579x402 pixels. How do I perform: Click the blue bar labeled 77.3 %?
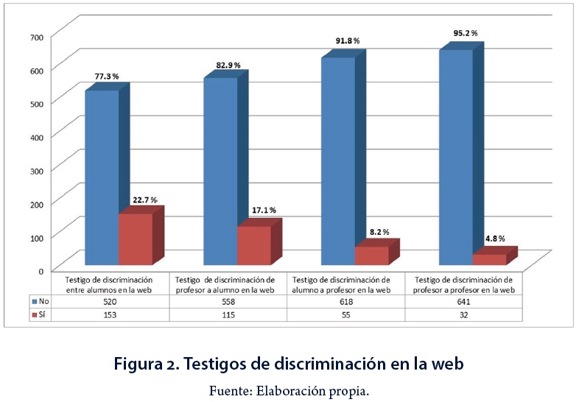click(x=102, y=177)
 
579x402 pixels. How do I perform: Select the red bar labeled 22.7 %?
click(x=136, y=239)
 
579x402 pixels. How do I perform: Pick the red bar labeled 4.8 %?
click(x=489, y=259)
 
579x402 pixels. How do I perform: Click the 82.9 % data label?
click(x=228, y=66)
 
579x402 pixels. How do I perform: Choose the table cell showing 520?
click(x=109, y=302)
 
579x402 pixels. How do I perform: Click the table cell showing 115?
click(x=228, y=314)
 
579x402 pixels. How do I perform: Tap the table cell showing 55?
click(x=345, y=314)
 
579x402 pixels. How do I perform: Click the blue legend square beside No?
click(x=33, y=302)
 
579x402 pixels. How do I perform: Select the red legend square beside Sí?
click(x=33, y=314)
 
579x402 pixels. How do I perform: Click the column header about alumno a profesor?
click(x=345, y=284)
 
